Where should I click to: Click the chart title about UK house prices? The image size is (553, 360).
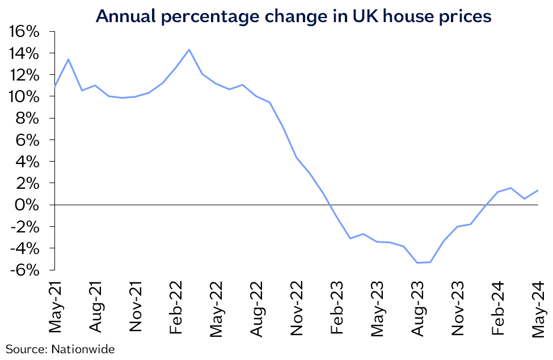pyautogui.click(x=293, y=16)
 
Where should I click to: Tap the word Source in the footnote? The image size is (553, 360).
pyautogui.click(x=26, y=349)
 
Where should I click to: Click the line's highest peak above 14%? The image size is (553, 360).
pyautogui.click(x=189, y=49)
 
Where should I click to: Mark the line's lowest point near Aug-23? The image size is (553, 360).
pyautogui.click(x=417, y=262)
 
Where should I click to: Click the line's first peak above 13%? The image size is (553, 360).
pyautogui.click(x=68, y=59)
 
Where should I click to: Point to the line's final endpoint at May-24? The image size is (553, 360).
pyautogui.click(x=538, y=190)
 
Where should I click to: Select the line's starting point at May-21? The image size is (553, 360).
pyautogui.click(x=54, y=87)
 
